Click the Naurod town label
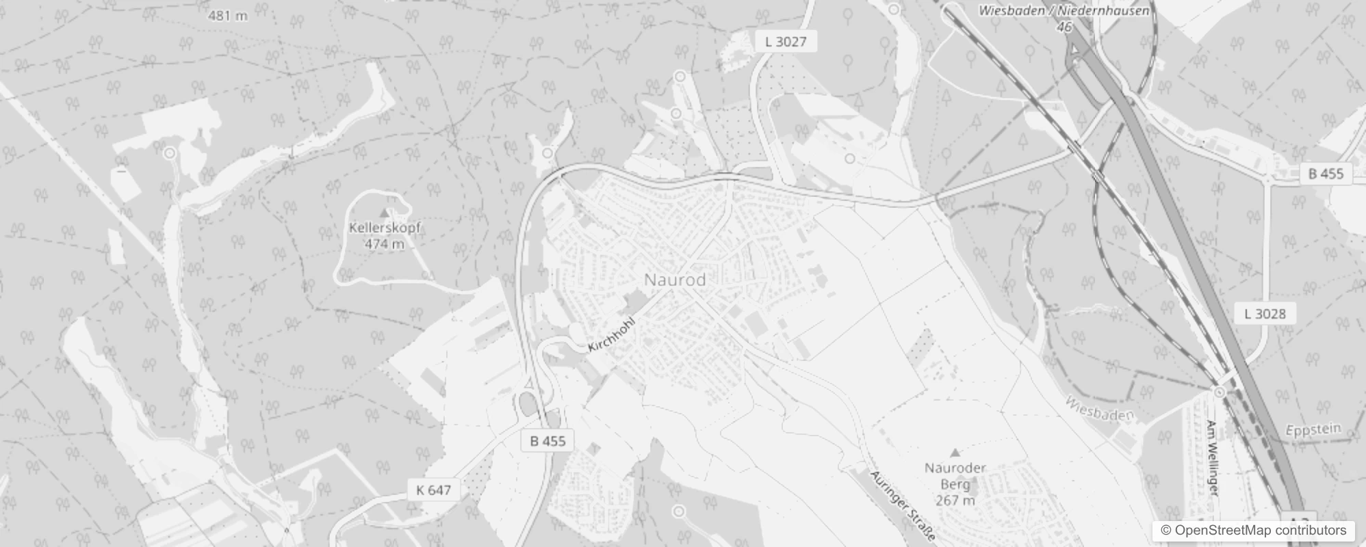point(675,280)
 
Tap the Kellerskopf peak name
point(385,228)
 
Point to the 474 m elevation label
point(384,244)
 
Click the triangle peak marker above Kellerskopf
point(384,214)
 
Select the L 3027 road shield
point(786,42)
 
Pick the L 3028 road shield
point(1265,314)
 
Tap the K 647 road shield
point(434,490)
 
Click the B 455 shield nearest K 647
point(547,441)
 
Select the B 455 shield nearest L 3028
point(1326,174)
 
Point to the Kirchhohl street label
point(611,335)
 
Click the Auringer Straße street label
point(902,505)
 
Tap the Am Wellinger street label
point(1212,457)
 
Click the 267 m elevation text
point(955,501)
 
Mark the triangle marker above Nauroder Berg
point(955,453)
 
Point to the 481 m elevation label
point(227,15)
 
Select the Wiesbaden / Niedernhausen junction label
point(1064,11)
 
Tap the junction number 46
point(1064,27)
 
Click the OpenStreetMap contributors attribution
point(1253,531)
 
